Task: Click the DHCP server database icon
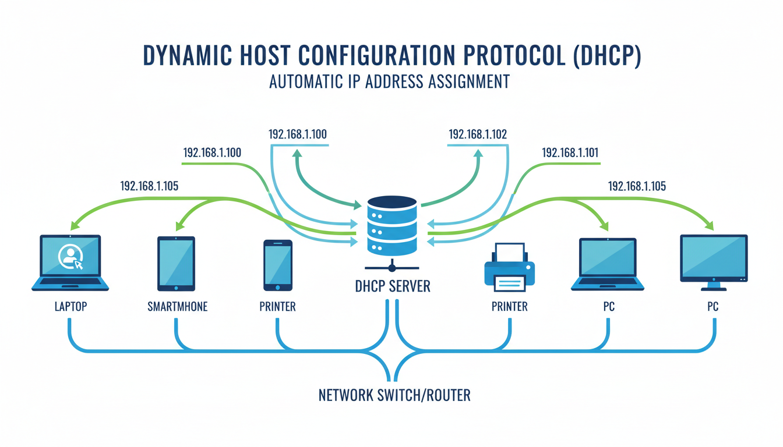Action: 392,226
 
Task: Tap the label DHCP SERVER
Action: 392,286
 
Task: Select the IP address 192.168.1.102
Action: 477,134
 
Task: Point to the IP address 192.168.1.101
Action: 570,153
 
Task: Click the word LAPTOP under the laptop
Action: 70,306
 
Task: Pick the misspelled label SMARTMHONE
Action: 177,306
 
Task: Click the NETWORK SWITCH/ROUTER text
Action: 394,396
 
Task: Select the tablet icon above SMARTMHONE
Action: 176,263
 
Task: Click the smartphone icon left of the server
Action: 278,265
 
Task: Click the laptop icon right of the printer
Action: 608,264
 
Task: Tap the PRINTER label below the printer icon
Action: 509,306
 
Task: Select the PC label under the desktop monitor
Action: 713,306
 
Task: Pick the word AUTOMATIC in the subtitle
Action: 305,81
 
